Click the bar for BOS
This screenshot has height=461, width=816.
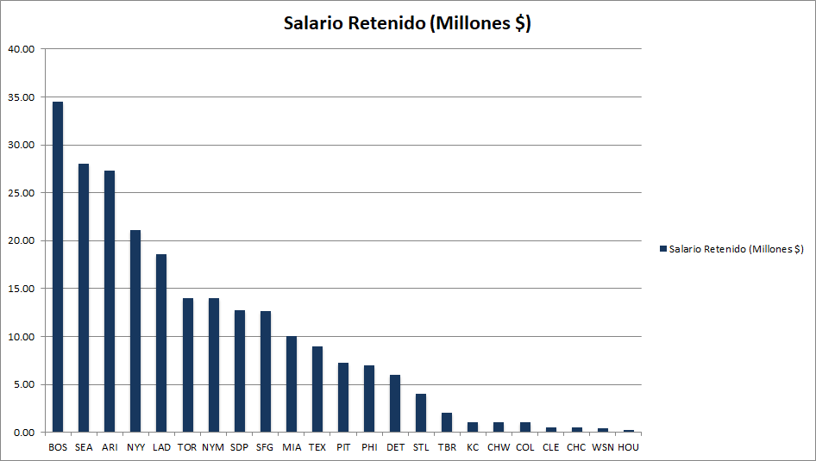tap(58, 267)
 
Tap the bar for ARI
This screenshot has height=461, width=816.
tap(110, 302)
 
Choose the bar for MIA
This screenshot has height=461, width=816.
tap(292, 384)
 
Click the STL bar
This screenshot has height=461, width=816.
tap(421, 413)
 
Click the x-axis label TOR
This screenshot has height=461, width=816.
tap(187, 448)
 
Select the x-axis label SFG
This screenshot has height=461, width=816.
tap(265, 448)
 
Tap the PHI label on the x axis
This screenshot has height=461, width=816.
tap(369, 448)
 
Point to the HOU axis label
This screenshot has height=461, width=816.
tap(628, 448)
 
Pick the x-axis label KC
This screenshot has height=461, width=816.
tap(473, 448)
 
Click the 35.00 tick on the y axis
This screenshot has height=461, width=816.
tap(21, 97)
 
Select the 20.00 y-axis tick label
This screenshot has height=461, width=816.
tap(21, 240)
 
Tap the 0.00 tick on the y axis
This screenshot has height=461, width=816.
tap(23, 432)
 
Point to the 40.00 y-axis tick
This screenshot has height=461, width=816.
tap(21, 49)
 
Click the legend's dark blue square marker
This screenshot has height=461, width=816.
tap(663, 249)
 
